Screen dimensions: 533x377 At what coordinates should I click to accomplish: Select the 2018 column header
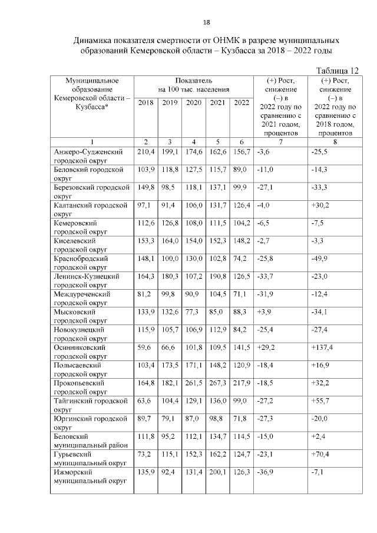[145, 103]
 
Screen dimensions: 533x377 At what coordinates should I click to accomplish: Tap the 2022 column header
[242, 103]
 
